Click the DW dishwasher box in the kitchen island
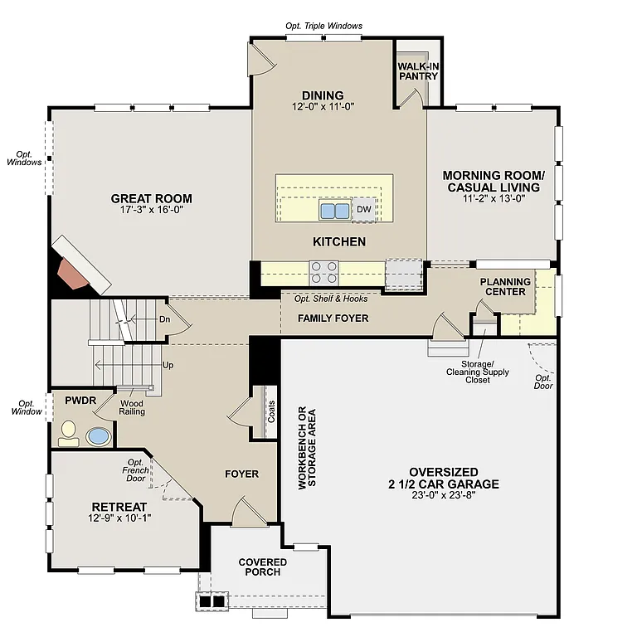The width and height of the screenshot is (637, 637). (363, 210)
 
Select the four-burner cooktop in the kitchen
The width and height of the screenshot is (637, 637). (324, 272)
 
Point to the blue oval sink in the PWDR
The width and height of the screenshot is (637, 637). (99, 435)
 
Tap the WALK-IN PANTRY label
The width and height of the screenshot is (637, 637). (417, 71)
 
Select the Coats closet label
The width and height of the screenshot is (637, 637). (271, 411)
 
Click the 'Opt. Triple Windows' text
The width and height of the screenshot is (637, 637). (323, 26)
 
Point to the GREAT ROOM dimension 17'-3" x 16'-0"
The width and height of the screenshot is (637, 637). (151, 211)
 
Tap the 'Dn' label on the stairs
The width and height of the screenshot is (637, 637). (164, 318)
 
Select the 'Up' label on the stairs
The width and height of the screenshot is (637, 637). (168, 365)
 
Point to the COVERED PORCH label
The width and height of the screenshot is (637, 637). (263, 567)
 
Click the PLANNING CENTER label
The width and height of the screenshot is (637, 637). (504, 287)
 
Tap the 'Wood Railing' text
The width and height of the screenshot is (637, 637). (133, 407)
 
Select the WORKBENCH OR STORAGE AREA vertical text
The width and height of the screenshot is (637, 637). (307, 447)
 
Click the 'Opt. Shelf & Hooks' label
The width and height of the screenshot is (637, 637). (329, 299)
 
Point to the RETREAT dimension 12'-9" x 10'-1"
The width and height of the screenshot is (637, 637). (119, 518)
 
